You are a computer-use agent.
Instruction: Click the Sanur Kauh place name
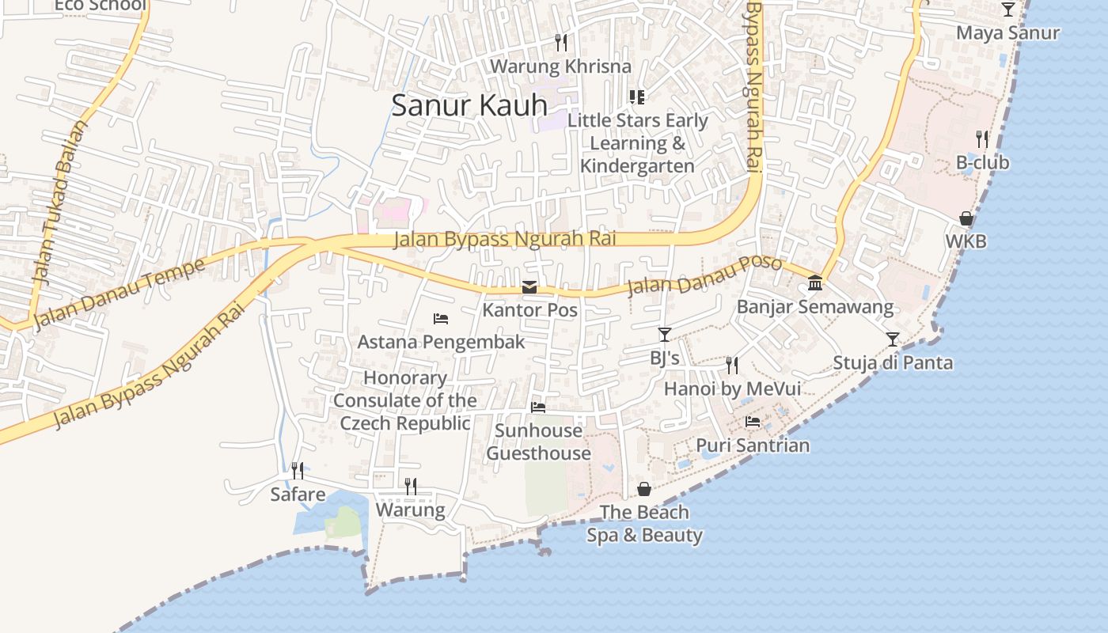pos(469,105)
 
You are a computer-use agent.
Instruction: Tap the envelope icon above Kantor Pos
pos(529,287)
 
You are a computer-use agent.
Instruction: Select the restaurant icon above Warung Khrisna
pos(561,42)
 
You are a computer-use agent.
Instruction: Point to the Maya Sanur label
pos(1007,33)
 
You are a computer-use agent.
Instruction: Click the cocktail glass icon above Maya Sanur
pos(1007,9)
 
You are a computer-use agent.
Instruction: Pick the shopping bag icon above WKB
pos(966,218)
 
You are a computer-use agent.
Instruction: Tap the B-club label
pos(982,163)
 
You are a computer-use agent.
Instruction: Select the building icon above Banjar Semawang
pos(815,283)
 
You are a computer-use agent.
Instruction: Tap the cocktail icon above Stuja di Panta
pos(893,339)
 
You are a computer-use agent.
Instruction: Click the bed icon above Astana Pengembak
pos(441,318)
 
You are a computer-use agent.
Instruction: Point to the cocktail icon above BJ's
pos(665,335)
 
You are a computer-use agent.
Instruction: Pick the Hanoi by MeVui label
pos(732,389)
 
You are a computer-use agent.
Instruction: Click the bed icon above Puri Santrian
pos(753,422)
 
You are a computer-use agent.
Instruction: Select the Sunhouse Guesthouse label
pos(538,442)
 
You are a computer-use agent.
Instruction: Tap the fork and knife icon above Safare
pos(298,471)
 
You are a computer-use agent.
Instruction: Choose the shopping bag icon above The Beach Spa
pos(644,489)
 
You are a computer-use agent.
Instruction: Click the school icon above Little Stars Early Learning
pos(637,97)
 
